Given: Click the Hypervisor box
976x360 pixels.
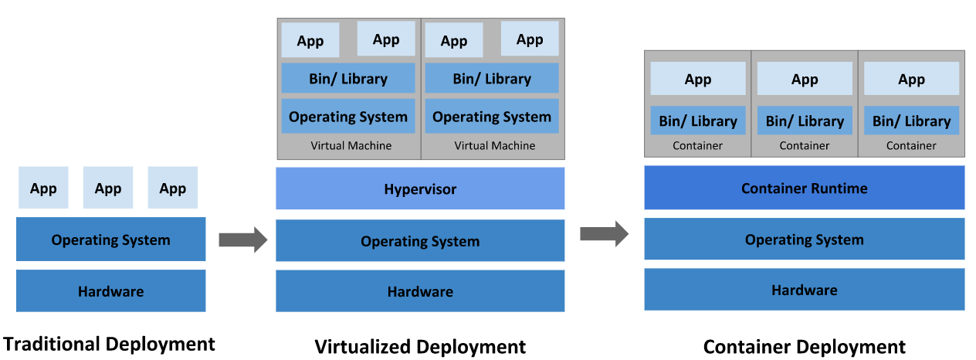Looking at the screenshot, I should (420, 188).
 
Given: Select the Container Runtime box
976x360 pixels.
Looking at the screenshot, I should (804, 188).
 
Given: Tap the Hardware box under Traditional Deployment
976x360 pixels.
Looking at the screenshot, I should (110, 291).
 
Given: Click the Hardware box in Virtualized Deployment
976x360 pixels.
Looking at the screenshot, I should (420, 291).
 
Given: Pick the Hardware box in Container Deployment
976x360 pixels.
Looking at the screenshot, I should (804, 290).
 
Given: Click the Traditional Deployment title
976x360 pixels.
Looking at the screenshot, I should (109, 344).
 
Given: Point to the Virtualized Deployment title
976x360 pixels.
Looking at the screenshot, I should (420, 347).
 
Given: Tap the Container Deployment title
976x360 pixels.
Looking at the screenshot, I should (804, 347).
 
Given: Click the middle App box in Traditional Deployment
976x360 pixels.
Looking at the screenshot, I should (108, 188).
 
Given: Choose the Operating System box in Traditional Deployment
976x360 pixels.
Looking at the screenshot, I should (110, 239).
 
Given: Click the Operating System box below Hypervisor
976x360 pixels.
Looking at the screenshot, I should (420, 241).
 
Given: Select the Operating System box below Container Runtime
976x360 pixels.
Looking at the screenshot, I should (804, 239).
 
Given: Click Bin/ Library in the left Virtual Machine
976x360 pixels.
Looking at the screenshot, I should (348, 79).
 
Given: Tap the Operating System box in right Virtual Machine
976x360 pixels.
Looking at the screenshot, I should (492, 117).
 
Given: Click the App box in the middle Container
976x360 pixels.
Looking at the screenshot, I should (805, 79).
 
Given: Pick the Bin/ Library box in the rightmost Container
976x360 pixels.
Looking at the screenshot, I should (911, 121).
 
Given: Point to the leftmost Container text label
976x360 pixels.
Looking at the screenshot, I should (697, 145).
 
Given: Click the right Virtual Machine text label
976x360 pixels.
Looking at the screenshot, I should (494, 145).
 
